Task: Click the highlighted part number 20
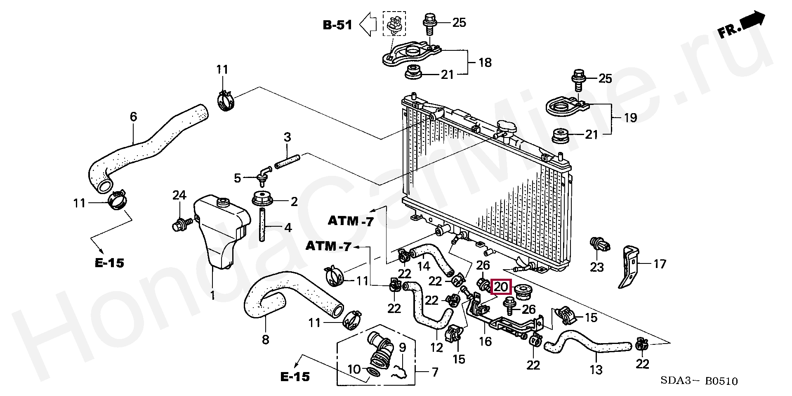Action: tap(501, 287)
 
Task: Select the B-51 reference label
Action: tap(337, 25)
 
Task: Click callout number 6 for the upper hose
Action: tap(133, 116)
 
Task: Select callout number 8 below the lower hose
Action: tap(266, 339)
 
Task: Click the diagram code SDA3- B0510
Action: tap(699, 381)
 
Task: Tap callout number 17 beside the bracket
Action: tap(660, 264)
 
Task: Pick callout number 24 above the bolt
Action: tap(179, 195)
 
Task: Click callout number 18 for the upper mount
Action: tap(485, 62)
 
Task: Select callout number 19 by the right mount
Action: tap(630, 118)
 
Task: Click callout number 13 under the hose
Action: tap(596, 370)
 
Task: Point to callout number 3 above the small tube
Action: tap(287, 137)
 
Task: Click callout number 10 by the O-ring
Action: tap(354, 369)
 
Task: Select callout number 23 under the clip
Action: tap(597, 268)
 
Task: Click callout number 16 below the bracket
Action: tap(485, 341)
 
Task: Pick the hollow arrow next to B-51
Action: tap(368, 24)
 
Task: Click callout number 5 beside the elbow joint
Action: tap(237, 178)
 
